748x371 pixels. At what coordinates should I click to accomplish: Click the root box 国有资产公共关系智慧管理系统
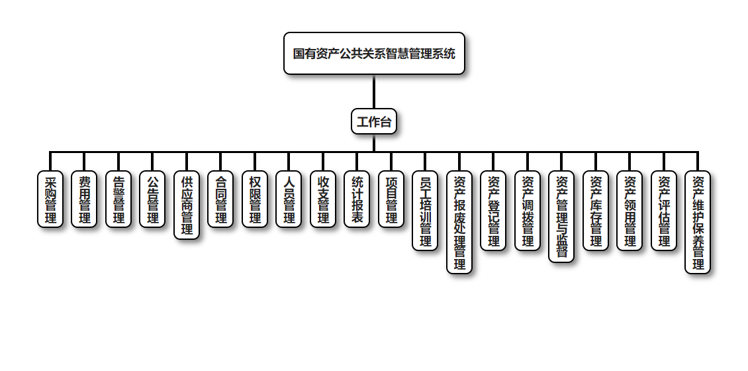[x=374, y=54]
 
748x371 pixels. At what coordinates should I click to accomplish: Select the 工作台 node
[x=374, y=121]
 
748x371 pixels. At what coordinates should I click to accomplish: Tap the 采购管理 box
[x=50, y=199]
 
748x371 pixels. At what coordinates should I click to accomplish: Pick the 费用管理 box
[x=84, y=199]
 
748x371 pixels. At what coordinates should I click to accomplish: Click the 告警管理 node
[x=118, y=199]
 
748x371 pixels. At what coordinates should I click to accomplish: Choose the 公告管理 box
[x=152, y=199]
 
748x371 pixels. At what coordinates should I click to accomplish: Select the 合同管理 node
[x=220, y=199]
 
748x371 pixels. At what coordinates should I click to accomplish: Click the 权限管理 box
[x=254, y=199]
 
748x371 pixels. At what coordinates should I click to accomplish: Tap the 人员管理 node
[x=289, y=199]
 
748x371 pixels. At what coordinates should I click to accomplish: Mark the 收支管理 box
[x=322, y=199]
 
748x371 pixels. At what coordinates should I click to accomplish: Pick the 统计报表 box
[x=357, y=199]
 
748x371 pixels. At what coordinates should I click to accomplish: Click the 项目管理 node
[x=391, y=199]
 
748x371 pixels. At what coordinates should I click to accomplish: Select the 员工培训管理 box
[x=425, y=211]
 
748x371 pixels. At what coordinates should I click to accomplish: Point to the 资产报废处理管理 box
[x=459, y=223]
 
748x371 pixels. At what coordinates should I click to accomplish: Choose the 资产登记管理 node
[x=493, y=211]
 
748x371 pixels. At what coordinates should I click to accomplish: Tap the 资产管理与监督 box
[x=561, y=217]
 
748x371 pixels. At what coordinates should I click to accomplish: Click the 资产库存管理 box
[x=596, y=211]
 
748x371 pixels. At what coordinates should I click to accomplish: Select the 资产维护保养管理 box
[x=698, y=223]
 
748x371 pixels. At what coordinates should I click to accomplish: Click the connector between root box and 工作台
[x=374, y=91]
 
